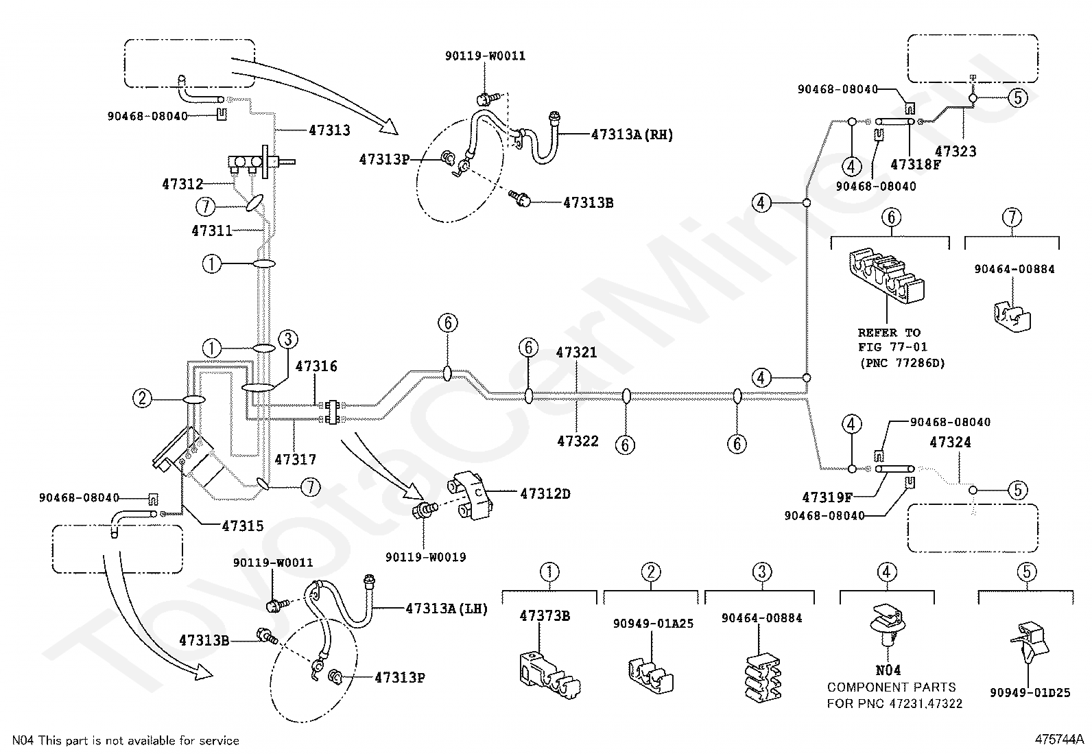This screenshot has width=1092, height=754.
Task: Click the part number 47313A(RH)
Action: coord(632,134)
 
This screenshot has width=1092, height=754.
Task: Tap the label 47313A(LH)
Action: coord(447,609)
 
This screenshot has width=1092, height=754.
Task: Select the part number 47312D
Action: coord(545,494)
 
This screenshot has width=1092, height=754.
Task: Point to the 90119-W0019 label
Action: coord(425,557)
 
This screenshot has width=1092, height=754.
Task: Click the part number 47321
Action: coord(577,352)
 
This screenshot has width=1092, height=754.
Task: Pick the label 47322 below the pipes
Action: coord(578,441)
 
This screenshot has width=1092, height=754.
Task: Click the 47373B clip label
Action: coord(545,616)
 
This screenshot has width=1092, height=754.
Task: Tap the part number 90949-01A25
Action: coord(653,623)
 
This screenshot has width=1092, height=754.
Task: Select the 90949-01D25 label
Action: coord(1030,692)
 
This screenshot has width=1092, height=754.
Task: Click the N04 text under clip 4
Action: coord(888,670)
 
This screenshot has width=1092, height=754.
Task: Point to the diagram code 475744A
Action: coord(1059,740)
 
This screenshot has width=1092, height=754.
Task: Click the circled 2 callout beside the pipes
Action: coord(143,399)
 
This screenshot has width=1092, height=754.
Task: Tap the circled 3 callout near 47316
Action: coord(288,339)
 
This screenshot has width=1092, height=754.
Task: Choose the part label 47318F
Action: coord(916,165)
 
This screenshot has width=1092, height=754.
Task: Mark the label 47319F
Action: coord(828,497)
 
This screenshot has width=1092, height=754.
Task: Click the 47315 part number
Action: coord(243,526)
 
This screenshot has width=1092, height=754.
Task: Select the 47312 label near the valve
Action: coord(182,184)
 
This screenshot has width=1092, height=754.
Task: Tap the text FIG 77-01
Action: coord(892,347)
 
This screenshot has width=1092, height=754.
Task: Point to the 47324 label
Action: coord(950,443)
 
